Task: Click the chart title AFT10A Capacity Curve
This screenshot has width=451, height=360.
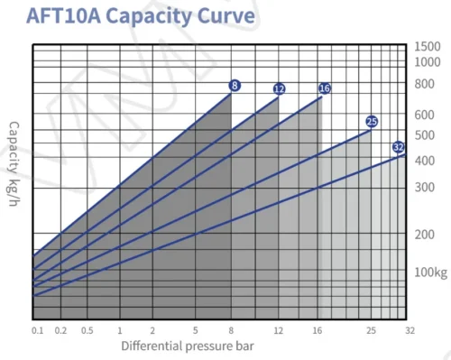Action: [141, 16]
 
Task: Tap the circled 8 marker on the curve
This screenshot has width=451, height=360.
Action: [235, 86]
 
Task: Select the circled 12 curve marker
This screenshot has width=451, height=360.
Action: [280, 88]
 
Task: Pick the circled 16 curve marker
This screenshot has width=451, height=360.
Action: [325, 88]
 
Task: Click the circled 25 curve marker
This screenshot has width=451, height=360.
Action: [372, 122]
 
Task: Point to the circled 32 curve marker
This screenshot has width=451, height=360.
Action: [399, 147]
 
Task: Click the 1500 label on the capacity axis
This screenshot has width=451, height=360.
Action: [428, 47]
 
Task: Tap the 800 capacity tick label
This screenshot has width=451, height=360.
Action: [425, 84]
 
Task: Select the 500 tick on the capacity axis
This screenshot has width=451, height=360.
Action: [425, 135]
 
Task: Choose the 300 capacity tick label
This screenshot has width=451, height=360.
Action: [425, 188]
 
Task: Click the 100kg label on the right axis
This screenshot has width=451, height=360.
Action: [431, 272]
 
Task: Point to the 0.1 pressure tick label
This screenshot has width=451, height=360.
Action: [38, 331]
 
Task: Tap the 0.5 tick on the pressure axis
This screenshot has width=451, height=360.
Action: [87, 331]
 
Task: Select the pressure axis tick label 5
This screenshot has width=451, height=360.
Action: [196, 331]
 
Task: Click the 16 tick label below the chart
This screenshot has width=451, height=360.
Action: [318, 331]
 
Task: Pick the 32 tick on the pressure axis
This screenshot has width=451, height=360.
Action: [410, 331]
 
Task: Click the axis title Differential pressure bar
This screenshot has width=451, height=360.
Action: [188, 346]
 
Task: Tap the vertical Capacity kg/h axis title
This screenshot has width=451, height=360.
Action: [14, 164]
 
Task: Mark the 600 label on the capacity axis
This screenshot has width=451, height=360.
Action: [425, 115]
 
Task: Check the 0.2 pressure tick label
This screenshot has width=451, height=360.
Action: [60, 331]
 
